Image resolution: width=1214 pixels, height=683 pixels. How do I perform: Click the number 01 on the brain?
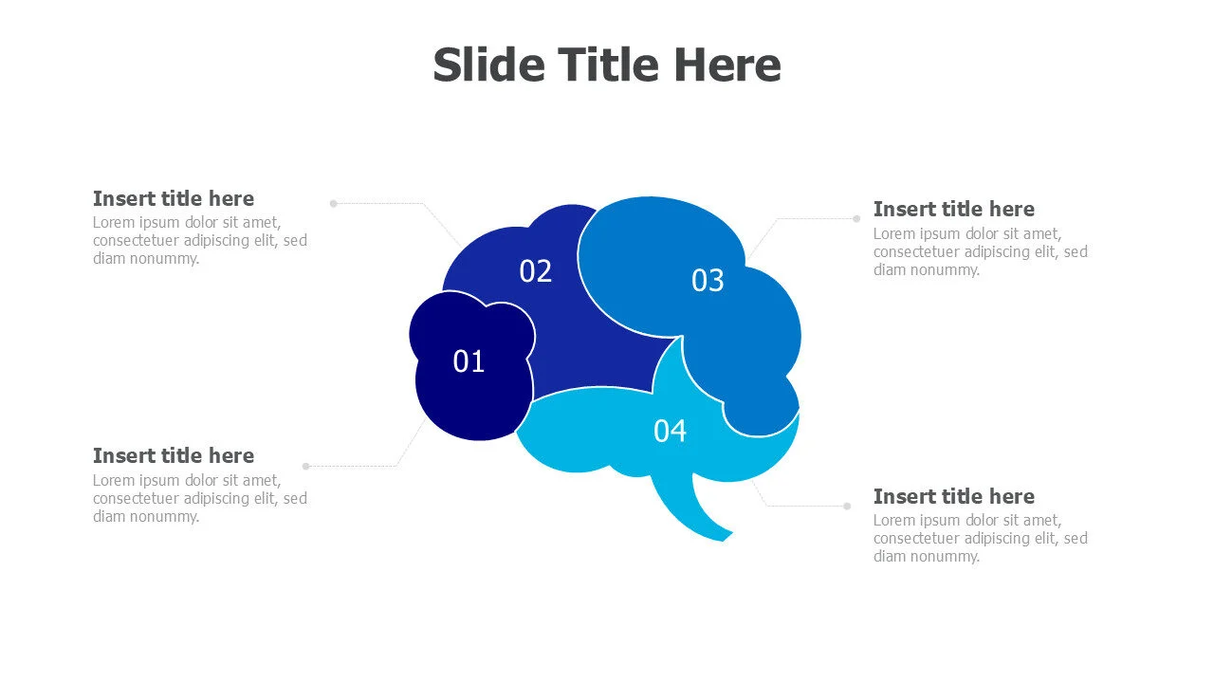tap(469, 361)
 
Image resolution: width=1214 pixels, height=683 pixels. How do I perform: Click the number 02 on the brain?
tap(535, 271)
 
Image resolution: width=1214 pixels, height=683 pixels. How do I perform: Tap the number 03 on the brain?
tap(708, 281)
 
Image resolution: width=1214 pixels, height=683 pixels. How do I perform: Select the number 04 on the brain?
tap(670, 431)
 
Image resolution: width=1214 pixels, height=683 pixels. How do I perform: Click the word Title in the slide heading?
tap(608, 65)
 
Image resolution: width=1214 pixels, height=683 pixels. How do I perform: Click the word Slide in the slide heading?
tap(488, 65)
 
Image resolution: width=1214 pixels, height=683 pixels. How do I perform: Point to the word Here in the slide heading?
tap(727, 65)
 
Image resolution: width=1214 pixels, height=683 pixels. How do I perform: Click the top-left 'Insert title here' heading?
tap(174, 198)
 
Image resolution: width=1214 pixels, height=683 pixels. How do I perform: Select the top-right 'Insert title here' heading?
tap(953, 209)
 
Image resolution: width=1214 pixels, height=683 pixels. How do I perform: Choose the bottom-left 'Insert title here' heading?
tap(174, 455)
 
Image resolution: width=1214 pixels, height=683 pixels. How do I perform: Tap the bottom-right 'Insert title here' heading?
tap(953, 496)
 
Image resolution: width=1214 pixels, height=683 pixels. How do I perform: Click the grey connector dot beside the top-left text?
tap(333, 203)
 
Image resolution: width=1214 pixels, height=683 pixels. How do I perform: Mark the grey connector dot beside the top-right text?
tap(855, 218)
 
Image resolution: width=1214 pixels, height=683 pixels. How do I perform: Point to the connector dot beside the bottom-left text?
tap(305, 466)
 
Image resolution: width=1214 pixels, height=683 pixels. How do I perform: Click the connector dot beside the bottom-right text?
tap(847, 506)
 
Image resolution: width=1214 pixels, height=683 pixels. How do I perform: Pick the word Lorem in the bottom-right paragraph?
tap(894, 520)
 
